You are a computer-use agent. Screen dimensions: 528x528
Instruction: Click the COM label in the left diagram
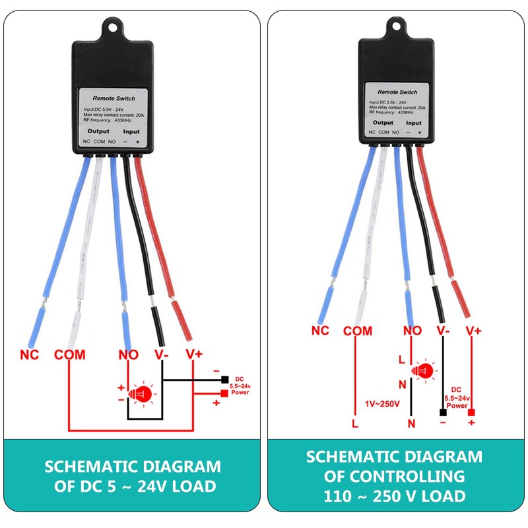pos(70,354)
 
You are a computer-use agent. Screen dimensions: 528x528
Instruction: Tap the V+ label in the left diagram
pos(193,354)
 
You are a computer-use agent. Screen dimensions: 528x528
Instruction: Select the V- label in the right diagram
pos(442,331)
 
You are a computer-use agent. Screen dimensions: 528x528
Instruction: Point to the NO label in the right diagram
pos(412,331)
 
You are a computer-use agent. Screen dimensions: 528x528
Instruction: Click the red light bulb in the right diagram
pos(424,372)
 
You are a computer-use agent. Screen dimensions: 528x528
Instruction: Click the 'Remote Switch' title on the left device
pos(114,97)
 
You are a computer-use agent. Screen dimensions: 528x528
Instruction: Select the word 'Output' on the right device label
pos(383,123)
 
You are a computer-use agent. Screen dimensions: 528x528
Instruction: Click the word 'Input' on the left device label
pos(132,131)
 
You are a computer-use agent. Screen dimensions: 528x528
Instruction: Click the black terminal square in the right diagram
pos(442,412)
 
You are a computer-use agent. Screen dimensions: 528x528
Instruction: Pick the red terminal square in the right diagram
pos(472,412)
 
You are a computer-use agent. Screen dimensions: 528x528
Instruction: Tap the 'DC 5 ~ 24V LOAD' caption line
pos(133,487)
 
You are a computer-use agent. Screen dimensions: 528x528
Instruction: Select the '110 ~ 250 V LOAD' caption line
pos(394,496)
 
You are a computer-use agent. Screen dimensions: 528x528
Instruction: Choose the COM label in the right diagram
pos(358,331)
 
